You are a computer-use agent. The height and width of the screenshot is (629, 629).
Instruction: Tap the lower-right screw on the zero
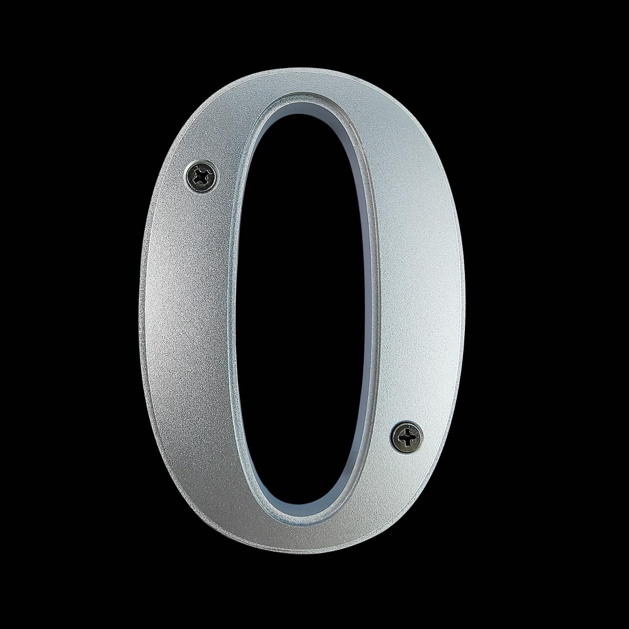pos(407,438)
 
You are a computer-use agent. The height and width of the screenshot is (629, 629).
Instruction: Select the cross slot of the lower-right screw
pos(407,438)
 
